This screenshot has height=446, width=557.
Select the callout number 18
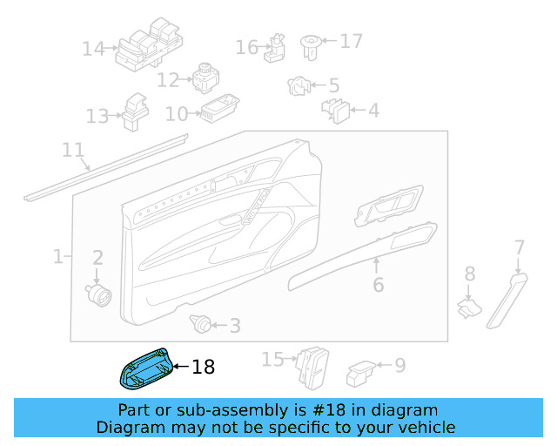[203, 368]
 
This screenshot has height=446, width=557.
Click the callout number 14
[93, 49]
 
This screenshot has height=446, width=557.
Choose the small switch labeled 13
[135, 111]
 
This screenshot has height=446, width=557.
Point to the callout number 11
[73, 151]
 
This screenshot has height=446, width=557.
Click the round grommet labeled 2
[98, 293]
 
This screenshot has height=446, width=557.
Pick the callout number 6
[378, 285]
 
